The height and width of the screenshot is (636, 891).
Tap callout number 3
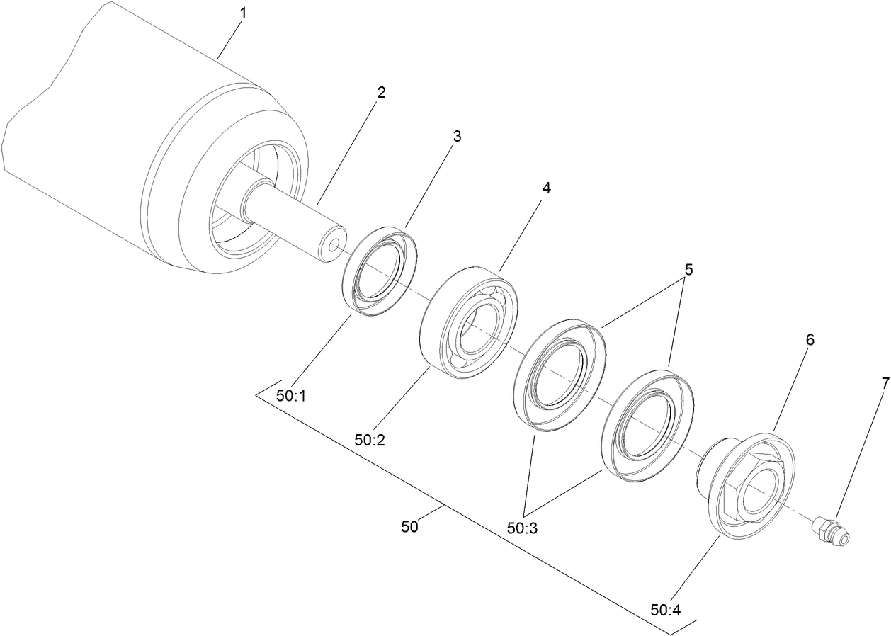(x=457, y=136)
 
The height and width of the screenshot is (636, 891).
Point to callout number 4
(x=545, y=188)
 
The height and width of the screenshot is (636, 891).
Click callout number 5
(x=688, y=270)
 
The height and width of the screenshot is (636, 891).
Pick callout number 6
(x=810, y=340)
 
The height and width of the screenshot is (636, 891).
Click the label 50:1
(x=290, y=397)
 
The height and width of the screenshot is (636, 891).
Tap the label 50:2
(x=370, y=440)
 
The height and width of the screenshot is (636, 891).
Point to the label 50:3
(x=523, y=528)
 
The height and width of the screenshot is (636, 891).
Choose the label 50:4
(x=665, y=608)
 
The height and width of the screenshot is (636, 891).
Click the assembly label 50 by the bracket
(x=409, y=526)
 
